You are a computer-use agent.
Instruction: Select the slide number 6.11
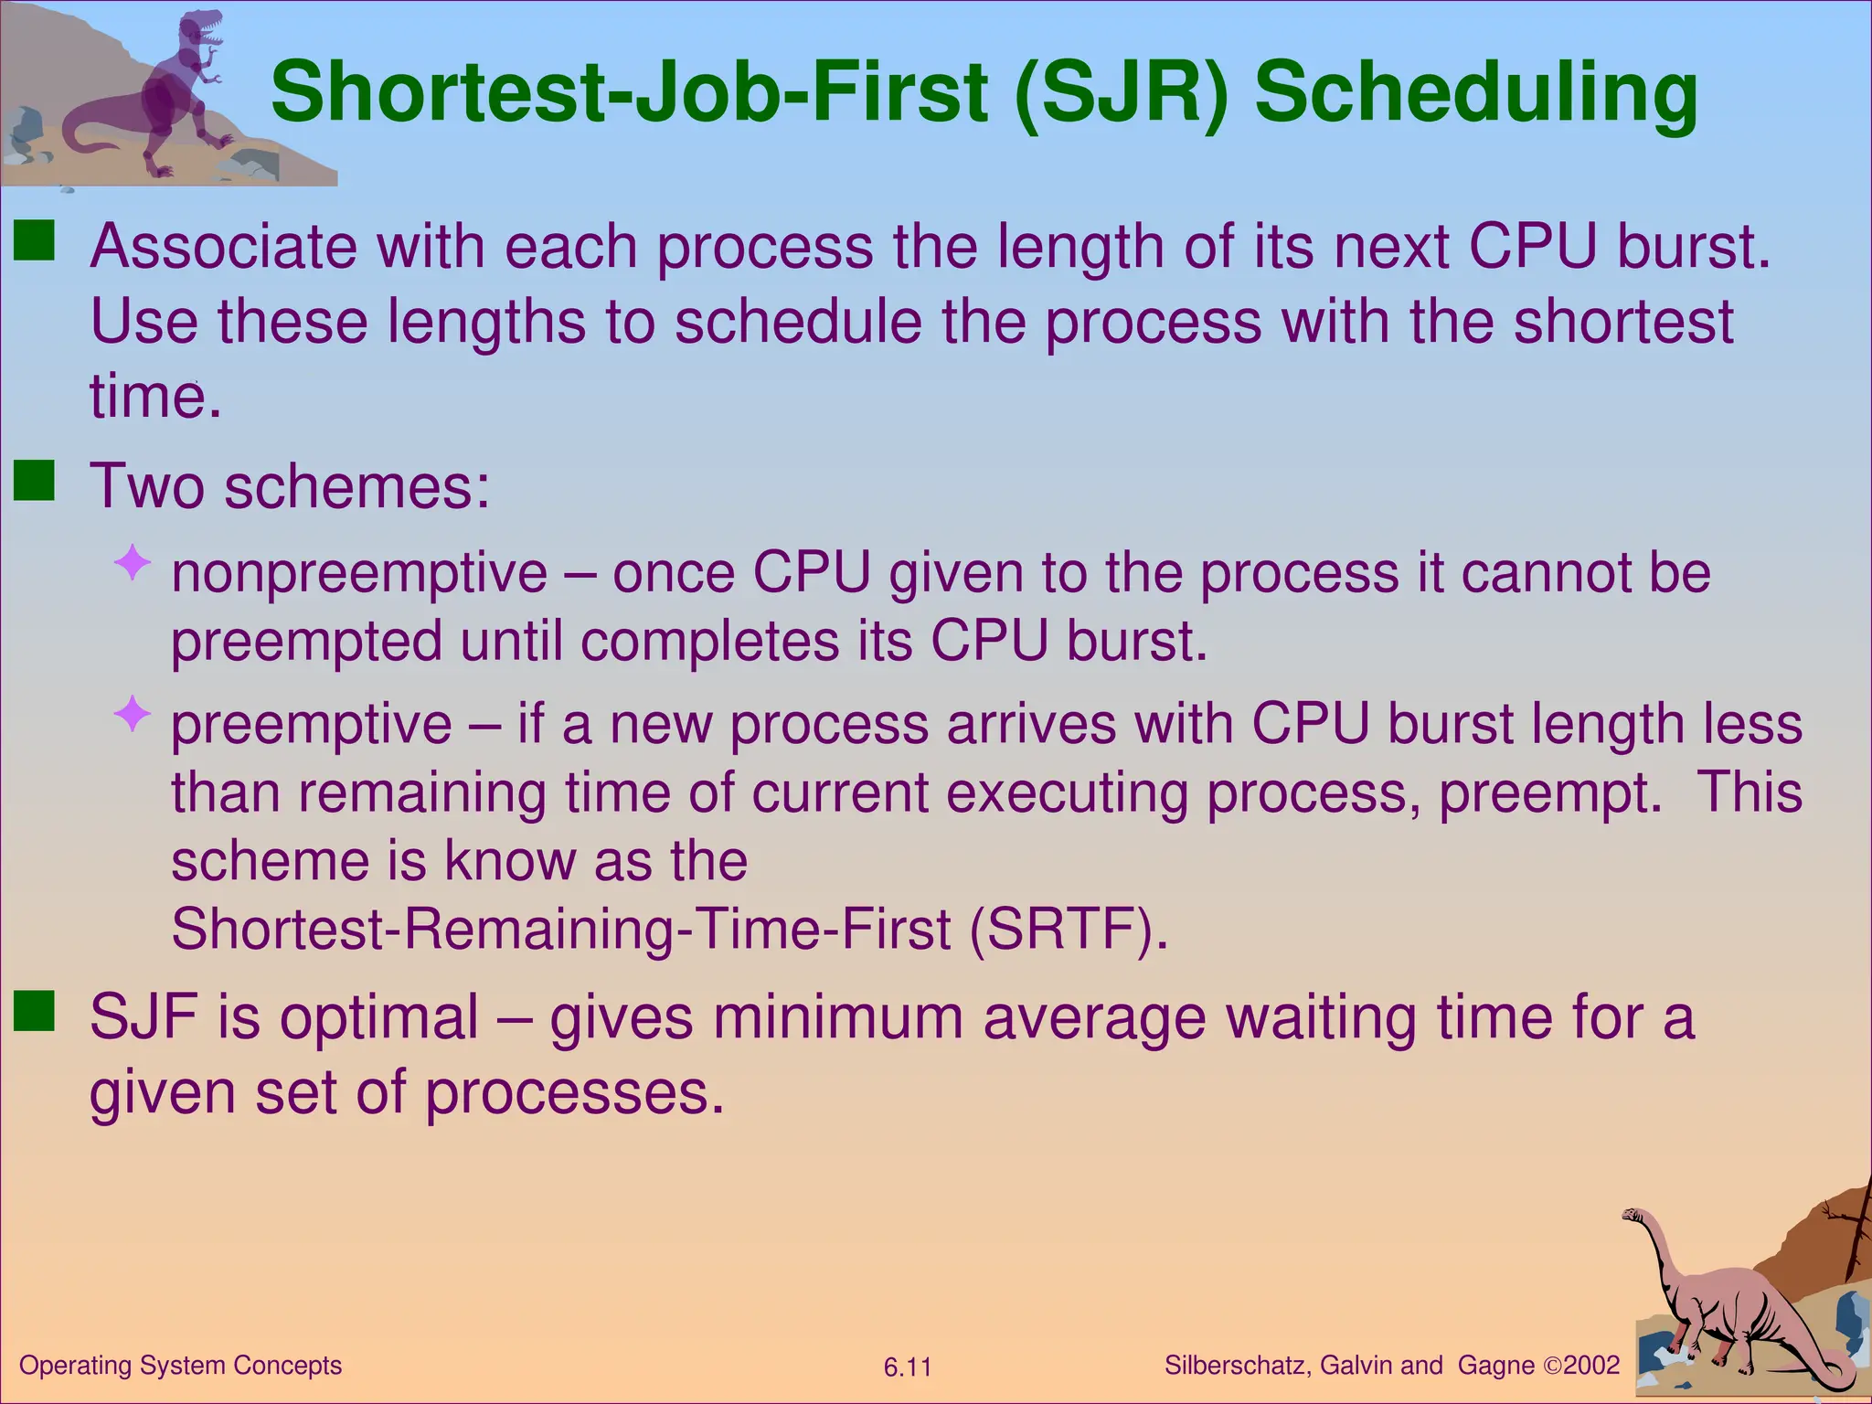pos(907,1367)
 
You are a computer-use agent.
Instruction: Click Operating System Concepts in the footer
pos(180,1366)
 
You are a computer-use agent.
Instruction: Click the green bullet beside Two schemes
pos(35,481)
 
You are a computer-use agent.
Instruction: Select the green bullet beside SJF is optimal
pos(35,1012)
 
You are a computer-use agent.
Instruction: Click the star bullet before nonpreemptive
pos(133,562)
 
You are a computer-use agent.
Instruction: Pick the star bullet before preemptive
pos(133,713)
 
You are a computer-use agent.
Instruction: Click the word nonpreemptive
pos(359,574)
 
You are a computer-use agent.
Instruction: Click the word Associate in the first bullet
pos(223,247)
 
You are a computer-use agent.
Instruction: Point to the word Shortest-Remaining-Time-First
pos(560,929)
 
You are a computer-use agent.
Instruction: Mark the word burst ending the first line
pos(1692,247)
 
